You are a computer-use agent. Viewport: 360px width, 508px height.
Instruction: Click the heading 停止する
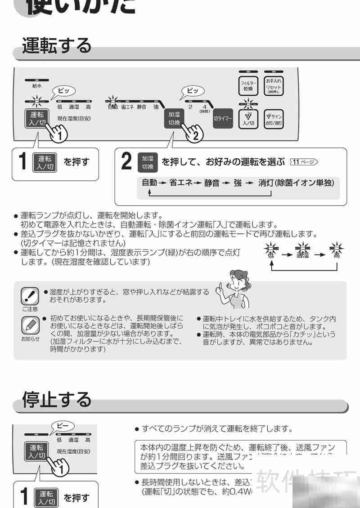coord(57,399)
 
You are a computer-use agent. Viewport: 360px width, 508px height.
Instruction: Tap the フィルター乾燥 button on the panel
coord(248,86)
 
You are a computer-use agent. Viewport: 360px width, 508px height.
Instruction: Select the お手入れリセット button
coord(273,86)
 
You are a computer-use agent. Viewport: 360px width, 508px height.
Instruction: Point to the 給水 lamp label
coord(37,85)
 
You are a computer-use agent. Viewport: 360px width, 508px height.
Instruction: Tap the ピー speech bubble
coord(63,426)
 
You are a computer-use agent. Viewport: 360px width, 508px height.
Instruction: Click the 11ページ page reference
coord(304,162)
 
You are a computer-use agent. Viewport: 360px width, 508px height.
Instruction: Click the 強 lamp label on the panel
coord(156,107)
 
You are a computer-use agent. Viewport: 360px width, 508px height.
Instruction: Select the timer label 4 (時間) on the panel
coord(204,107)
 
